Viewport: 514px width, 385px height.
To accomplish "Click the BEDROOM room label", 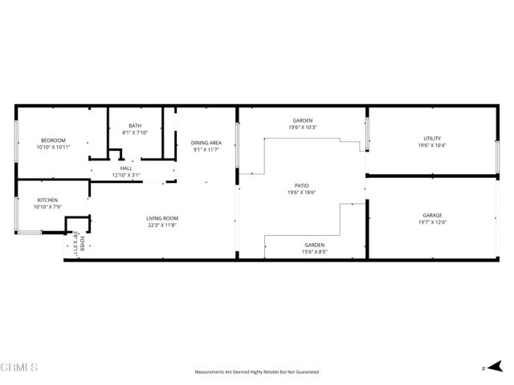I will point(53,140).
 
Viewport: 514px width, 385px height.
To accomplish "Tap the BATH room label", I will point(135,126).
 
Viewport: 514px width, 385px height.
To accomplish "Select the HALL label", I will point(126,168).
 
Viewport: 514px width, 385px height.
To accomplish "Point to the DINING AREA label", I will point(206,143).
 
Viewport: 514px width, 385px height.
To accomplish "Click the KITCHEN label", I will point(47,201).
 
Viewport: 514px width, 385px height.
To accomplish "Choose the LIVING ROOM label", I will point(161,219).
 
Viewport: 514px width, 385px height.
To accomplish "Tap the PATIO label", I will point(302,185).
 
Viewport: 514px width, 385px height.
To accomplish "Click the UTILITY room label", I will point(432,139).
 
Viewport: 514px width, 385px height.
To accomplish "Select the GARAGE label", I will point(432,216).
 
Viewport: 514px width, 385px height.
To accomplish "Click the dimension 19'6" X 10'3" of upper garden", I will point(303,128).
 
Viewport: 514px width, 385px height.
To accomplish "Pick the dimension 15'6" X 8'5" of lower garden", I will point(314,251).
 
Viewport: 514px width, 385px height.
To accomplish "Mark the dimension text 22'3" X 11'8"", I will point(161,225).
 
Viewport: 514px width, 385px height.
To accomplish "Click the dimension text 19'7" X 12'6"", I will point(432,222).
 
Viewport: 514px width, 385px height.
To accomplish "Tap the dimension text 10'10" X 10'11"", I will point(53,147).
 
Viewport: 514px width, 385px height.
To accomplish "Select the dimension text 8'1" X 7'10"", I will point(135,132).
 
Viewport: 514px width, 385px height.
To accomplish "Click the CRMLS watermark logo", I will point(20,367).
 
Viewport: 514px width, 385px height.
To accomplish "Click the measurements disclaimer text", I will point(257,372).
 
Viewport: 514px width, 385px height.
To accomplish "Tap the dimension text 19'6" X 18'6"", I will point(302,192).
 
